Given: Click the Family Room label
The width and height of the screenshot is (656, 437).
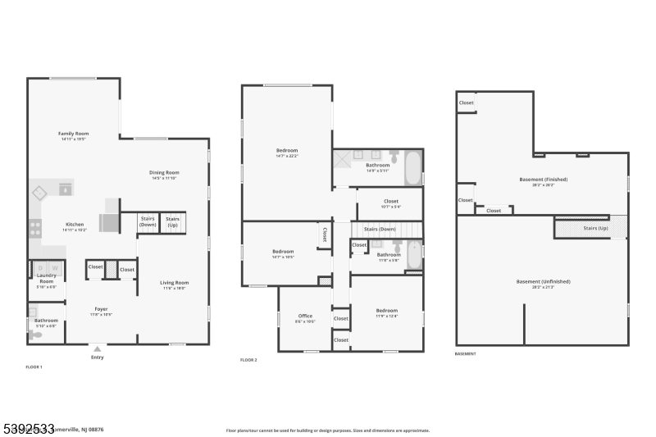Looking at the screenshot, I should pyautogui.click(x=73, y=134).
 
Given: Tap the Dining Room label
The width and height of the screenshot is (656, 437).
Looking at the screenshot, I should pyautogui.click(x=164, y=173).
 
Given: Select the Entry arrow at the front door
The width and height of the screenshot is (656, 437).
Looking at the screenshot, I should pyautogui.click(x=98, y=348).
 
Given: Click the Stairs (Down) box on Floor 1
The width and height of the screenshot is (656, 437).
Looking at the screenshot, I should pyautogui.click(x=148, y=221).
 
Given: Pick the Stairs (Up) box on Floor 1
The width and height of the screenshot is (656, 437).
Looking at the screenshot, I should pyautogui.click(x=172, y=221).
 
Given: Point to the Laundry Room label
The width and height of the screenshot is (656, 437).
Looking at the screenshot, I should pyautogui.click(x=47, y=279).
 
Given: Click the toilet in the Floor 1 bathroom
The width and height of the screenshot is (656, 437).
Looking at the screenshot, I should pyautogui.click(x=34, y=334).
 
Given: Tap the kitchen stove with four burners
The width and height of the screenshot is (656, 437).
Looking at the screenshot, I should pyautogui.click(x=35, y=228).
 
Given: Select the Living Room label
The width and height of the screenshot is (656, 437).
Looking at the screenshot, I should pyautogui.click(x=174, y=283).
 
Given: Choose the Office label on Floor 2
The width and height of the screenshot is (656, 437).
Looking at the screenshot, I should pyautogui.click(x=305, y=316).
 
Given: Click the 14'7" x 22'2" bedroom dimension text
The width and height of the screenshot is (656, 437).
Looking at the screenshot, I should pyautogui.click(x=286, y=156).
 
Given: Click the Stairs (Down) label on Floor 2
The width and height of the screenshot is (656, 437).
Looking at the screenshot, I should pyautogui.click(x=380, y=230).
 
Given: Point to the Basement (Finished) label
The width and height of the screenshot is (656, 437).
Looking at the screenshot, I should pyautogui.click(x=543, y=180).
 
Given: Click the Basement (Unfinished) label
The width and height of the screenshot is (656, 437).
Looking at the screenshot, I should pyautogui.click(x=543, y=281).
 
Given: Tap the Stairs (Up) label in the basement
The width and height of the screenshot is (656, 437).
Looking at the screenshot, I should pyautogui.click(x=595, y=228).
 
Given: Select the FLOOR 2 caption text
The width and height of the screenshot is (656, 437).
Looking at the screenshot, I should pyautogui.click(x=249, y=360).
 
